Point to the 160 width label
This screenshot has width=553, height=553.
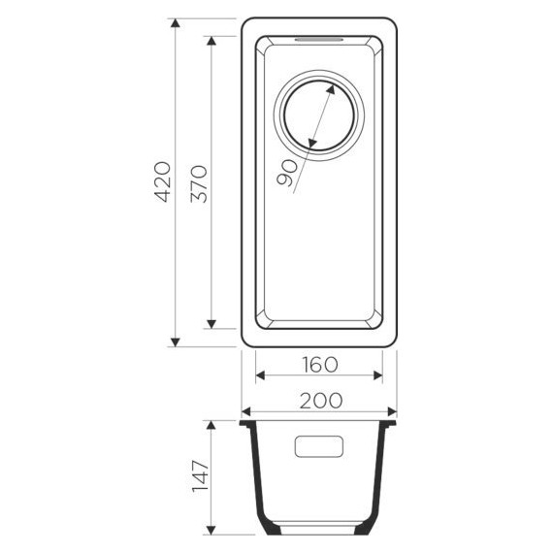318,365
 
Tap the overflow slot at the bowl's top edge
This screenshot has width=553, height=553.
318,39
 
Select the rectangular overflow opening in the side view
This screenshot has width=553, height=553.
319,446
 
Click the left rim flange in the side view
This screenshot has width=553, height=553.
246,424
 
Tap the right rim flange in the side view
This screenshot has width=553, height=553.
391,424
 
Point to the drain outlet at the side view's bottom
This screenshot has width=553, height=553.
319,532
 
